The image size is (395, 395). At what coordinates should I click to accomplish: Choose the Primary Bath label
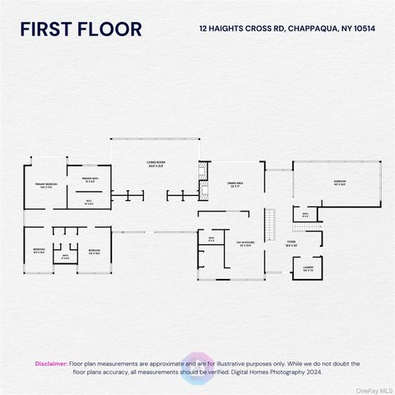coord(90,179)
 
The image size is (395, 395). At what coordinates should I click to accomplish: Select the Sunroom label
coord(339,182)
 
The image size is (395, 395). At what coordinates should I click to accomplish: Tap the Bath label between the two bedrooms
coord(66,256)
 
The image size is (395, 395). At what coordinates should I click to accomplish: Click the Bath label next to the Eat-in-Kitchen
coord(211,239)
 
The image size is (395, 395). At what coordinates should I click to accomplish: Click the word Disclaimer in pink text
coord(51,363)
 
